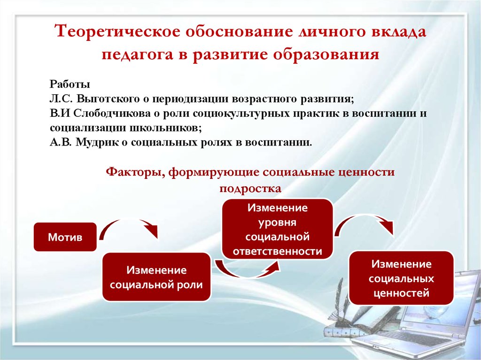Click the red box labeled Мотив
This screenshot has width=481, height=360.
click(65, 237)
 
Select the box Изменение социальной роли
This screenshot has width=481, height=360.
click(156, 277)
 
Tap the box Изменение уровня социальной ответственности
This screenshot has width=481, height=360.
click(277, 230)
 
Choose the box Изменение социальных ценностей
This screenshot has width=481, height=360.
click(401, 278)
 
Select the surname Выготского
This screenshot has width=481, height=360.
click(109, 99)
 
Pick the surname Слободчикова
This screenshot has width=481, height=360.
click(112, 113)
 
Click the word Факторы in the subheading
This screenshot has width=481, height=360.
click(132, 172)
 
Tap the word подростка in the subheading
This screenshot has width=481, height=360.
click(250, 188)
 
